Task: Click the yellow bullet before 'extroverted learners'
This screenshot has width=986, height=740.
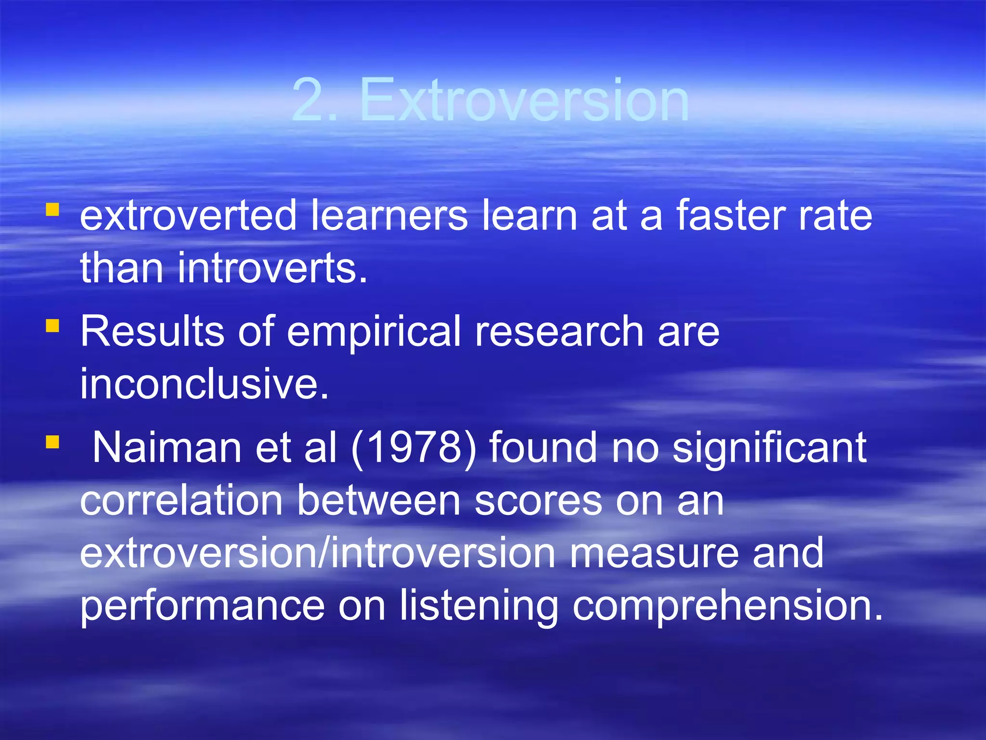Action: [52, 210]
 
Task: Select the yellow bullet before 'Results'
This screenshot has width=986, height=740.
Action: [52, 326]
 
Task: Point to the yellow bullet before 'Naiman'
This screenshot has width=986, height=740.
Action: [52, 442]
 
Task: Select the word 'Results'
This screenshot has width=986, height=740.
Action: [152, 331]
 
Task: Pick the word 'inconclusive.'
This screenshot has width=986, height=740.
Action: [204, 384]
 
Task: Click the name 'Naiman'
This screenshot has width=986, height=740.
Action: [167, 448]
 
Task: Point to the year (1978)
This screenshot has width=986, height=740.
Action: [414, 449]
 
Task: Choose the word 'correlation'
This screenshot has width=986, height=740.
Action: [181, 501]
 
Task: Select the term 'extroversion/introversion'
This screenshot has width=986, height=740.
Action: [318, 553]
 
